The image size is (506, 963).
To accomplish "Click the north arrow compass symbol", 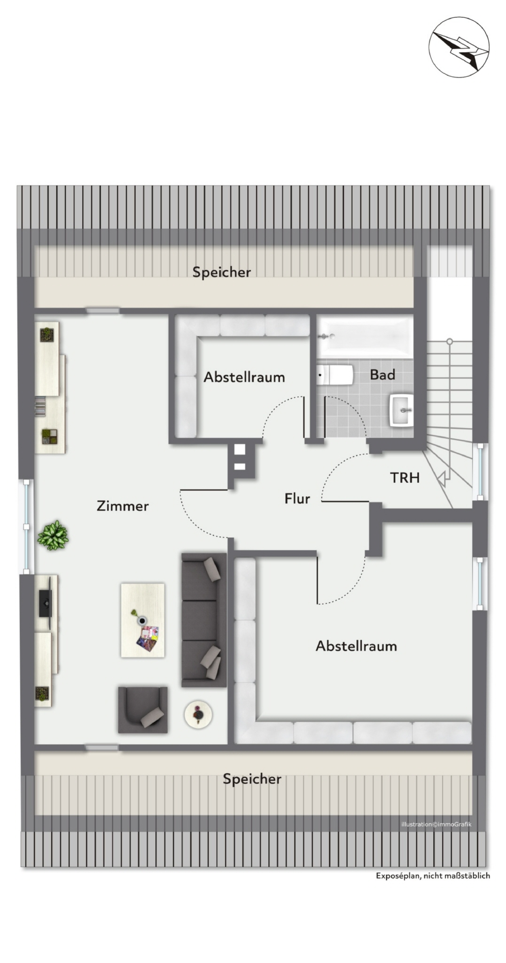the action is coord(459,47).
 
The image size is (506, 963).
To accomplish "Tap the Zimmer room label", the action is coord(123,506).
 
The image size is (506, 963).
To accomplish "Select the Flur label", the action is coord(297,498).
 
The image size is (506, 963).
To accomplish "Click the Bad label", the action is coord(382,375).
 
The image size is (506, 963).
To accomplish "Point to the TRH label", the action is coord(405,478).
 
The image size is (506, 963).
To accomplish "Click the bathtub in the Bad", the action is coord(365,337).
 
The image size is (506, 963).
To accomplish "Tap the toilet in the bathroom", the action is coord(335,375).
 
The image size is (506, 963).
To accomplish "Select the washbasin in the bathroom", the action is coord(401,410).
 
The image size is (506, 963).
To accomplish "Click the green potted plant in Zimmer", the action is coord(53,535).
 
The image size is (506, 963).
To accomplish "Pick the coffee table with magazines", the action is coord(143,620).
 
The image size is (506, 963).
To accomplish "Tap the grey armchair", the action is coord(143,710).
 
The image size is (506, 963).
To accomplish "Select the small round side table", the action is coord(198,715).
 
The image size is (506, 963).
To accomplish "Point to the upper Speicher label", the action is coord(222,272).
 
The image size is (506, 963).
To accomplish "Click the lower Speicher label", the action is coord(252,779).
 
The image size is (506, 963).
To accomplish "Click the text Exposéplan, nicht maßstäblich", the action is coord(433,876).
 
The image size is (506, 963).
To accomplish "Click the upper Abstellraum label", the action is coord(244,377).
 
